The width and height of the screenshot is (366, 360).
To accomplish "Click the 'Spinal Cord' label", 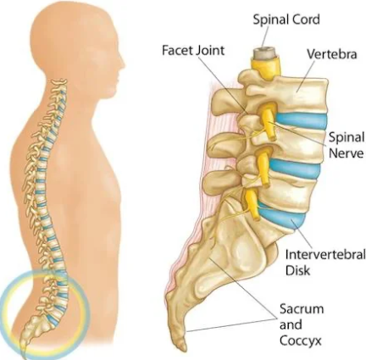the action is tap(286, 19).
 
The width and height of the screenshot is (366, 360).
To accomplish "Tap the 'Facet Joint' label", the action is tap(193, 51).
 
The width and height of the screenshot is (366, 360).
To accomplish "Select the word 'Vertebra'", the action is tap(332, 54).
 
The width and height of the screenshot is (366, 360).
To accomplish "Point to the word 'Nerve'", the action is tap(346, 153).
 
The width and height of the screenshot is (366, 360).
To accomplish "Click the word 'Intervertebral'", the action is tap(325, 255).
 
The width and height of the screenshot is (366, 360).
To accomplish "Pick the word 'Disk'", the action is tap(297, 270).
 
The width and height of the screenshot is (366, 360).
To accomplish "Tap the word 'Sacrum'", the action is tap(302, 309).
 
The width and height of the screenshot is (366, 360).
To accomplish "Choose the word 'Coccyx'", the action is tap(301, 341).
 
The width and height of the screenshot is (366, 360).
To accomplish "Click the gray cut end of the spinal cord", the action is tap(263, 53).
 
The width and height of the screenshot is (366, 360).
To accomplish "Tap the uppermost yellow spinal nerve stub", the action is tap(269, 120).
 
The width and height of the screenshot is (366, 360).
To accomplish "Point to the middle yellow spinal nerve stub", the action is tap(263, 168).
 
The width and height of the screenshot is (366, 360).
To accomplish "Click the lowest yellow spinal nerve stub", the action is tap(252, 204).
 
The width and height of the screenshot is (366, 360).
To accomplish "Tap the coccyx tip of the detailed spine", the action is tap(182, 346).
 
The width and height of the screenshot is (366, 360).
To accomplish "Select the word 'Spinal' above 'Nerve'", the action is tap(347, 138).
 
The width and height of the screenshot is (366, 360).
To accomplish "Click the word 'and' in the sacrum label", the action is tap(291, 324).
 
